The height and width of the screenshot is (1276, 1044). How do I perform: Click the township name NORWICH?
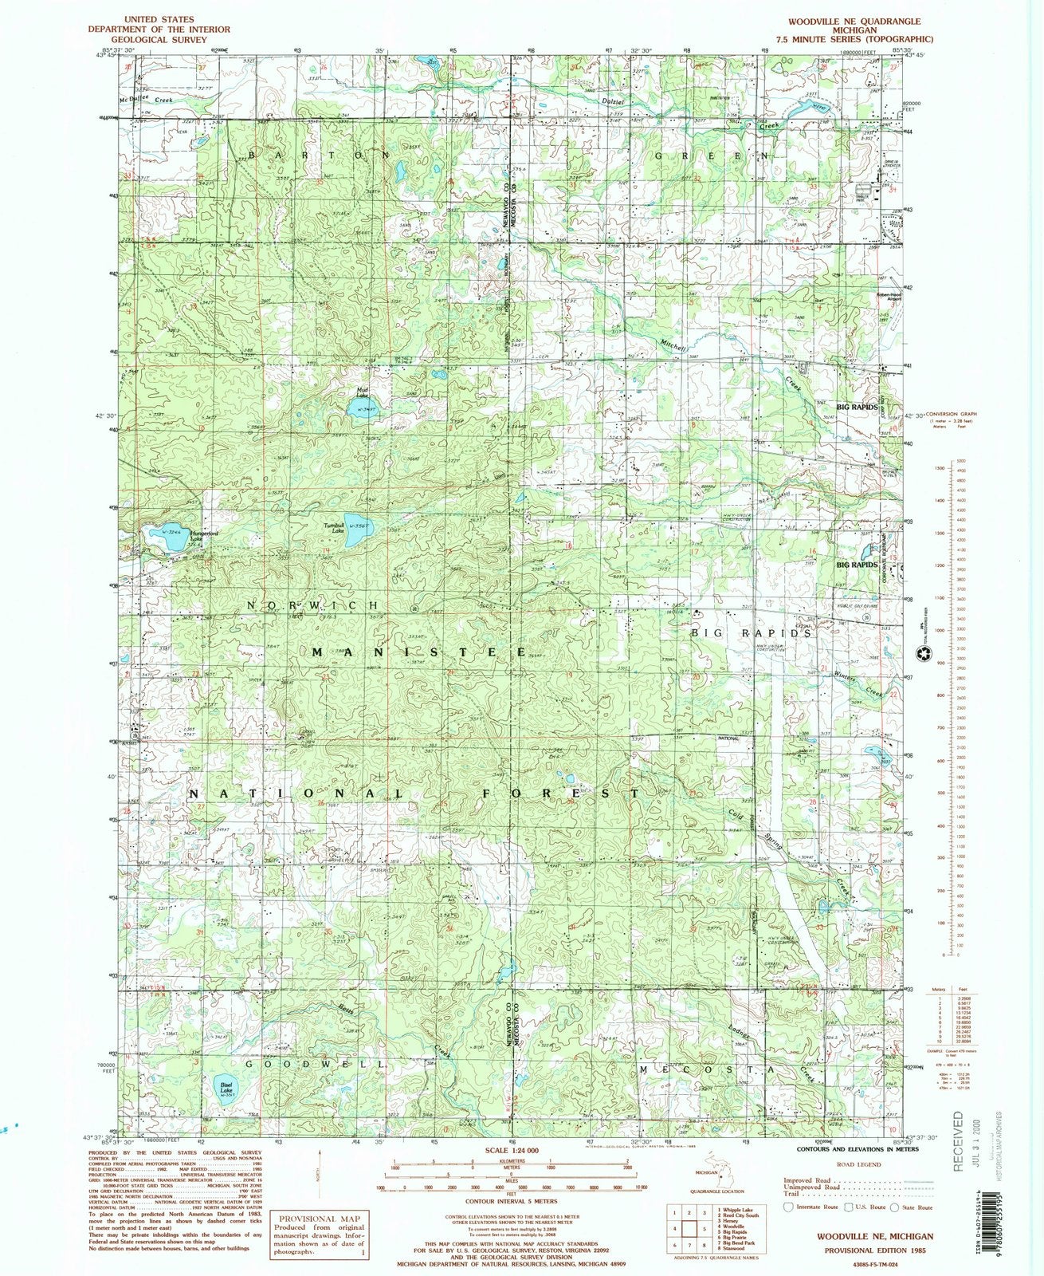312,605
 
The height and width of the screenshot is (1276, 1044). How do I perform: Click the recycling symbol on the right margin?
922,654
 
